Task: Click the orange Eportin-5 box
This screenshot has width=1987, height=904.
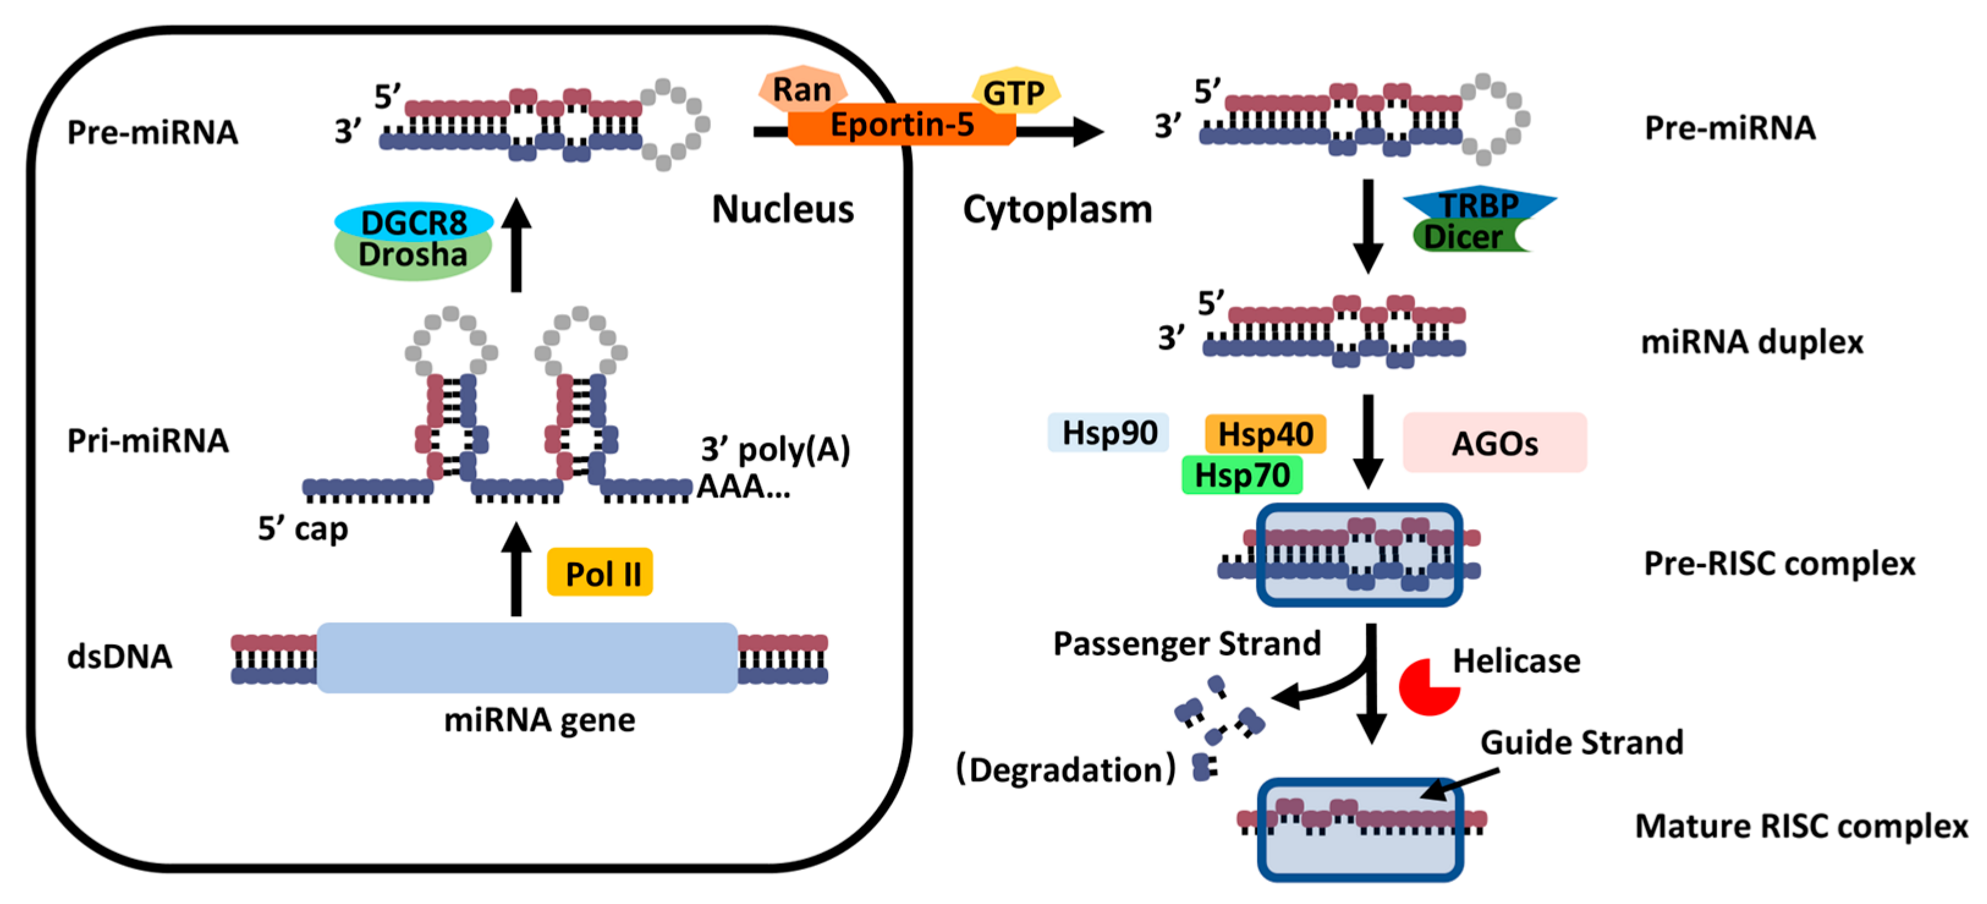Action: [x=901, y=125]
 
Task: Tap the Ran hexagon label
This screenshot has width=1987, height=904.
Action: [x=803, y=89]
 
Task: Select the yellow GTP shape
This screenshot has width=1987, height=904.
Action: [x=1015, y=92]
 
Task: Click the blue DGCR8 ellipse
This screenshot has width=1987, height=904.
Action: [x=414, y=221]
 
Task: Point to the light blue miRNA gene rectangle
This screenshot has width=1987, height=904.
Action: [x=527, y=658]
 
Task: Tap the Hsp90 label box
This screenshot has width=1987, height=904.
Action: [x=1109, y=433]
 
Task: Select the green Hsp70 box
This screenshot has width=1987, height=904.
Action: [x=1241, y=475]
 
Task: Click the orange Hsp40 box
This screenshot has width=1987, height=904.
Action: [x=1265, y=433]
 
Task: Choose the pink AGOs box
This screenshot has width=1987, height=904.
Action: [x=1494, y=443]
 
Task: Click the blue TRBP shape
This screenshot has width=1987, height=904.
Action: [x=1480, y=203]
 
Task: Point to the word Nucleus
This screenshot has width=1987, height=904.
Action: [x=782, y=209]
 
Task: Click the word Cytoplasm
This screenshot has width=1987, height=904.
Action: [x=1057, y=209]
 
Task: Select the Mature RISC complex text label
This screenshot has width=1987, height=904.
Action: [x=1801, y=826]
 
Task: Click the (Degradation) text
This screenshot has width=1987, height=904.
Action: [x=1066, y=770]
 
